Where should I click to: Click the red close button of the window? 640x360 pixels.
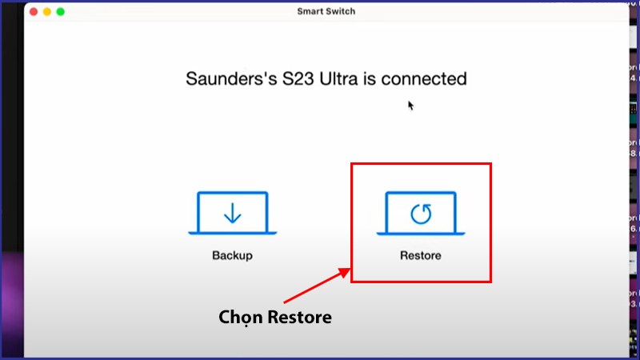click(x=34, y=12)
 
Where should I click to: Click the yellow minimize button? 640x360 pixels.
click(x=47, y=12)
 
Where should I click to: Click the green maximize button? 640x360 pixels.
click(x=60, y=12)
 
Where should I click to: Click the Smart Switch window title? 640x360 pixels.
click(x=326, y=11)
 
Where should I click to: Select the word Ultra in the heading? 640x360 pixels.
click(x=344, y=79)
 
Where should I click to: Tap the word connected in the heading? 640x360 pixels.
click(x=424, y=79)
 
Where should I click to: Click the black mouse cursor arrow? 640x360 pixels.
click(x=410, y=105)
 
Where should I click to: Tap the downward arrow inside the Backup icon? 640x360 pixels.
click(x=232, y=212)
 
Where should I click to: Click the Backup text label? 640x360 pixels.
click(x=232, y=256)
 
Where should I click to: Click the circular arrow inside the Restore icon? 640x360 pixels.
click(x=421, y=213)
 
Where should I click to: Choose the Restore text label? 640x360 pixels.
click(x=421, y=256)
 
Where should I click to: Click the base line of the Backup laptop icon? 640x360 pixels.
click(x=232, y=233)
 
